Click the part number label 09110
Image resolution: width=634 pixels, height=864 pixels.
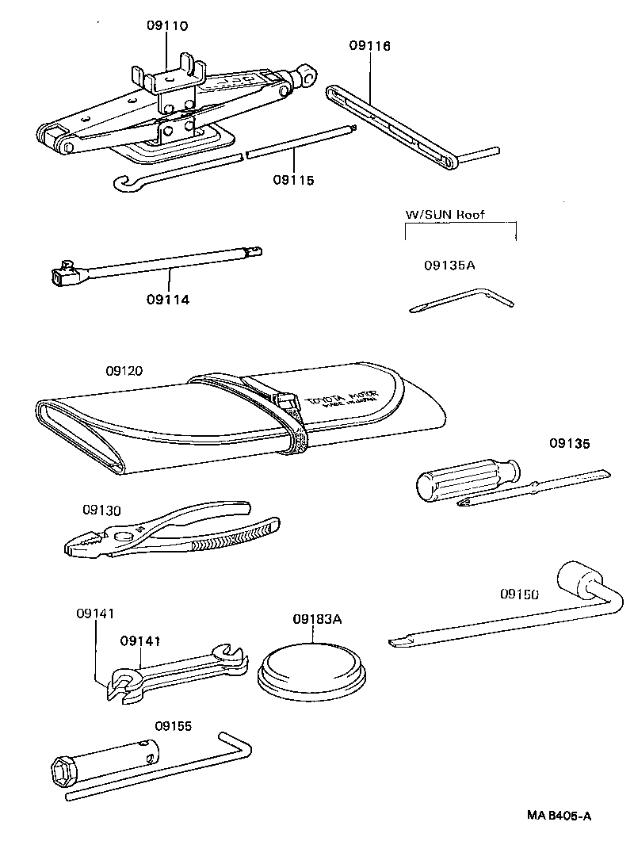(167, 25)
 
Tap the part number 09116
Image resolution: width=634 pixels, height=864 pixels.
(370, 46)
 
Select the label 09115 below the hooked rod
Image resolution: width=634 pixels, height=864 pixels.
(294, 180)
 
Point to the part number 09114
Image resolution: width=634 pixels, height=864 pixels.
(168, 300)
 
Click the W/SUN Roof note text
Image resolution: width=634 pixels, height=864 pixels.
(445, 214)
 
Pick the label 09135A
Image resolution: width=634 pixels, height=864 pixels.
(449, 266)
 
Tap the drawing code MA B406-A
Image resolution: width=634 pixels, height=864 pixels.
(560, 816)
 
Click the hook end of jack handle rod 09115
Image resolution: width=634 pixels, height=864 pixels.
(120, 182)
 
